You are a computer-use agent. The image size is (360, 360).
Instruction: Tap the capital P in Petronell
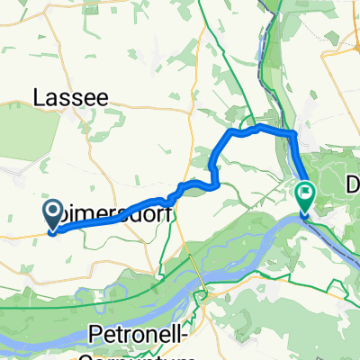pyautogui.click(x=97, y=335)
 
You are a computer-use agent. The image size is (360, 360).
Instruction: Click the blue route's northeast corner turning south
pyautogui.click(x=293, y=133)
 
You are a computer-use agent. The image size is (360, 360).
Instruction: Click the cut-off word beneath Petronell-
pyautogui.click(x=135, y=355)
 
